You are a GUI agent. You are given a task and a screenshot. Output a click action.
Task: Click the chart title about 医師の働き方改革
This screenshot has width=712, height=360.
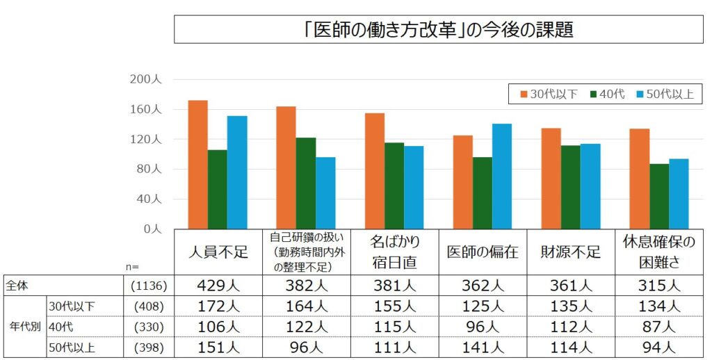[438, 30]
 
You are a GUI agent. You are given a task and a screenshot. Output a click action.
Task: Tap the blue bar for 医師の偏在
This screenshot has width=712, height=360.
[502, 177]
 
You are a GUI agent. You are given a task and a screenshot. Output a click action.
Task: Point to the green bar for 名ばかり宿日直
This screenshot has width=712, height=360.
[394, 186]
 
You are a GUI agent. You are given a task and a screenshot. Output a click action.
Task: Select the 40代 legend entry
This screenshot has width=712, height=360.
[607, 95]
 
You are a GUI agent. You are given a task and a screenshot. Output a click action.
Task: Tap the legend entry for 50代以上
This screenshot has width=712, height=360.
[664, 95]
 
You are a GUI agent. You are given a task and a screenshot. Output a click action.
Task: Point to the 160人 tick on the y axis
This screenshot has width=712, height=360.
[146, 110]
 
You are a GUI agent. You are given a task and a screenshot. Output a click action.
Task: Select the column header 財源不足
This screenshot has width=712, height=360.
[571, 252]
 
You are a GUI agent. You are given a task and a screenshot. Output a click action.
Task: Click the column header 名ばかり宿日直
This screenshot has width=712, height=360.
[394, 252]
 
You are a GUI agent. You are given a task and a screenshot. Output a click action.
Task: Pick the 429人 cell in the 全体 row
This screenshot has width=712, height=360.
[218, 286]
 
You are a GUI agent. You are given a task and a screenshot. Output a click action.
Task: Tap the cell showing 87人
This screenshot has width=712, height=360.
[659, 326]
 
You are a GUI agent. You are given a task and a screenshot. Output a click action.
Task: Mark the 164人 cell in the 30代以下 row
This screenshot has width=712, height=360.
[307, 306]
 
